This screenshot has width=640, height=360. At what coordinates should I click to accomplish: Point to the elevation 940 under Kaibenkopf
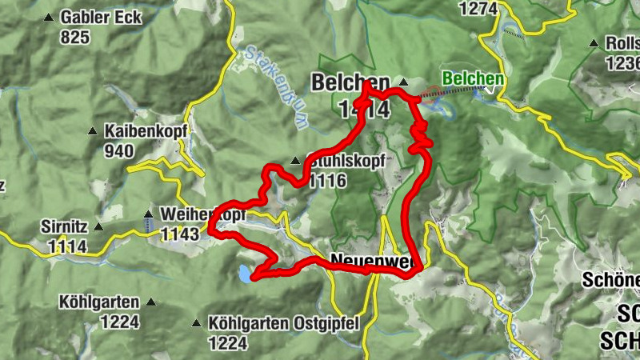118,150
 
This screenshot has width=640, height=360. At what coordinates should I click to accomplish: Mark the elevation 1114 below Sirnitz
67,246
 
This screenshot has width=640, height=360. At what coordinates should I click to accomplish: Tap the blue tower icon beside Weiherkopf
148,222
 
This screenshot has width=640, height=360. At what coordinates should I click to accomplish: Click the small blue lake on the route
242,274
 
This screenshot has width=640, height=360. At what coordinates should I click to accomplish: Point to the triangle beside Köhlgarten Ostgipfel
197,323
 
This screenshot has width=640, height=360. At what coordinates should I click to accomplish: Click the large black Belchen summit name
350,83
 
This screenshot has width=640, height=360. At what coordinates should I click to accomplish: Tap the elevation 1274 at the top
478,9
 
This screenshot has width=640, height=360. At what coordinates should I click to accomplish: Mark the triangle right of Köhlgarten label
150,303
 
